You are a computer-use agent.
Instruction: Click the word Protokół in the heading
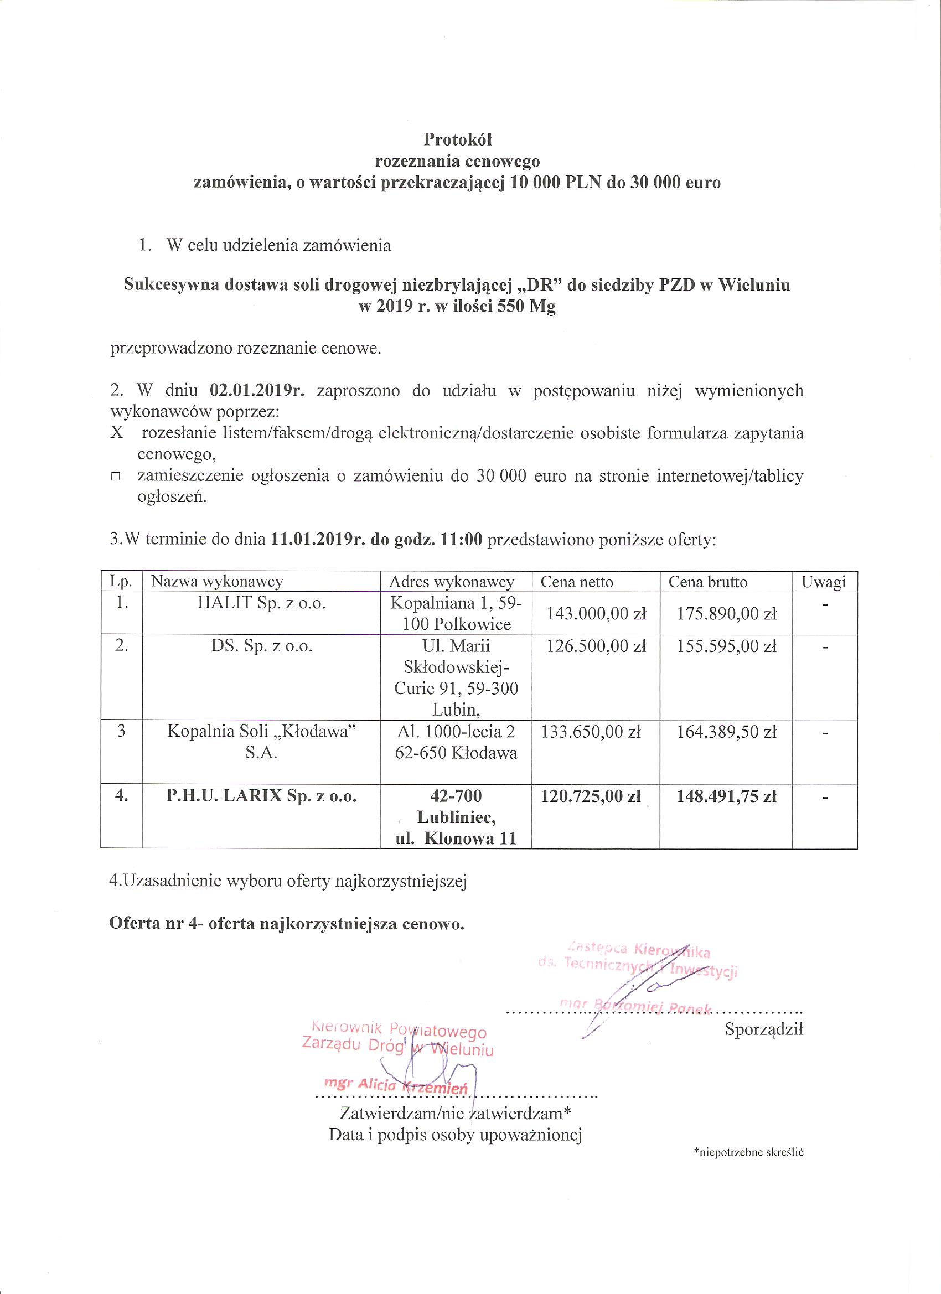tap(457, 140)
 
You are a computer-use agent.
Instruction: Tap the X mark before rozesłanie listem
tap(117, 433)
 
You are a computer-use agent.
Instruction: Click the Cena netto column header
tap(576, 582)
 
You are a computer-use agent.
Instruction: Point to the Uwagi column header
tap(823, 582)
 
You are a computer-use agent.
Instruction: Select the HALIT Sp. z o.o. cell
tap(261, 603)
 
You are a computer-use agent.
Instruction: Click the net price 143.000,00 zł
tap(596, 614)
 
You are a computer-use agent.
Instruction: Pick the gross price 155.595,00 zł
tap(726, 646)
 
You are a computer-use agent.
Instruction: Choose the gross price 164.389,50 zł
tap(726, 732)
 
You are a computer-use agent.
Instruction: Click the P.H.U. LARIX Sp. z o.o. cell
tap(261, 796)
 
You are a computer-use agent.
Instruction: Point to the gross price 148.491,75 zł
tap(726, 796)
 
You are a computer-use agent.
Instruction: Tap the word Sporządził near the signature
tap(763, 1029)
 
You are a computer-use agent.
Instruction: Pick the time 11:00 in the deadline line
tap(462, 539)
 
